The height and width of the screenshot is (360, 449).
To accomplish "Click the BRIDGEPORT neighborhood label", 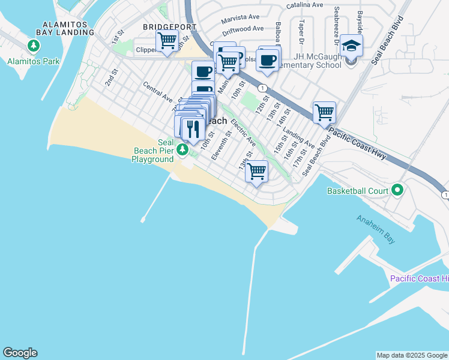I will [x=169, y=28].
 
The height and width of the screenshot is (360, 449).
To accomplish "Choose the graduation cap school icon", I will [x=351, y=46].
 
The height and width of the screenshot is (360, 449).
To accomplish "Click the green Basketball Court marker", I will [x=397, y=191].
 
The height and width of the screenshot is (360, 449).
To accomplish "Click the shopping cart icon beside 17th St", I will [x=324, y=112].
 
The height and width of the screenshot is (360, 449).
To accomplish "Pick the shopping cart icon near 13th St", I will [x=257, y=171].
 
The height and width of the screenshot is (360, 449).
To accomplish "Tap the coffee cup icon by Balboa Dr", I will [x=267, y=61].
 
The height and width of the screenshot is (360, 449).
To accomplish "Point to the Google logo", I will [x=20, y=353].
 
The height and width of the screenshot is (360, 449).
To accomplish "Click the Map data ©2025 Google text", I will [x=412, y=355].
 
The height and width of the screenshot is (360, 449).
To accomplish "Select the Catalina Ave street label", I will [x=304, y=5].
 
